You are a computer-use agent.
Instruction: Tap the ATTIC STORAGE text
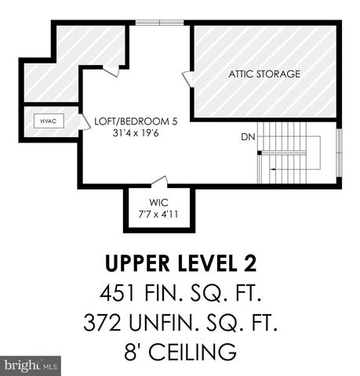tap(264, 74)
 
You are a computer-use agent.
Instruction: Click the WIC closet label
tap(159, 201)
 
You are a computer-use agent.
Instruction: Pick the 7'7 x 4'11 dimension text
tap(159, 213)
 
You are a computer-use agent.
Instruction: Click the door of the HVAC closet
tap(81, 120)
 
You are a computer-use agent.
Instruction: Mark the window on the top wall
tap(161, 23)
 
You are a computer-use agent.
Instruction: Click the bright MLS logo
tap(31, 365)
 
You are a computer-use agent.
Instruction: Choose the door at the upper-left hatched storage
tap(113, 71)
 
